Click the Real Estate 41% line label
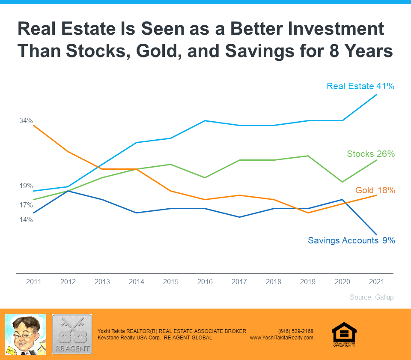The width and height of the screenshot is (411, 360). pyautogui.click(x=360, y=86)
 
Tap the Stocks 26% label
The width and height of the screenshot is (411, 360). pyautogui.click(x=370, y=154)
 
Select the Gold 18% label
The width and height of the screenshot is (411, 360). pyautogui.click(x=375, y=190)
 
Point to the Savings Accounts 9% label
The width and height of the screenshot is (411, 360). pyautogui.click(x=351, y=240)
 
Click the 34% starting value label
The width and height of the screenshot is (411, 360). pyautogui.click(x=26, y=121)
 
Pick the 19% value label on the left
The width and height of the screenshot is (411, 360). pyautogui.click(x=26, y=186)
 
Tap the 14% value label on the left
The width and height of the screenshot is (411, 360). pyautogui.click(x=26, y=220)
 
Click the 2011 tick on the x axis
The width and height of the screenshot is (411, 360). pyautogui.click(x=34, y=282)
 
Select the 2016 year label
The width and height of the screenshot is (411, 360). pyautogui.click(x=205, y=282)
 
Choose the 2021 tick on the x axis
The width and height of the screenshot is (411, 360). pyautogui.click(x=376, y=282)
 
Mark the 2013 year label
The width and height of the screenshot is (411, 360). pyautogui.click(x=102, y=282)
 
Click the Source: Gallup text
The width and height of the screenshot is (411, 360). pyautogui.click(x=371, y=297)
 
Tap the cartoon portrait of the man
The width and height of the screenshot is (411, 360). pyautogui.click(x=25, y=334)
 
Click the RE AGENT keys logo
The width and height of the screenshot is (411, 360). pyautogui.click(x=72, y=334)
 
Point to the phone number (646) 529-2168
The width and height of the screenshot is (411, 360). pyautogui.click(x=295, y=331)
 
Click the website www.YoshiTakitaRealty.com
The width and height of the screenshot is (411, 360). pyautogui.click(x=281, y=338)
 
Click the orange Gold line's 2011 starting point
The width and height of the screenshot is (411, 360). pyautogui.click(x=34, y=126)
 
